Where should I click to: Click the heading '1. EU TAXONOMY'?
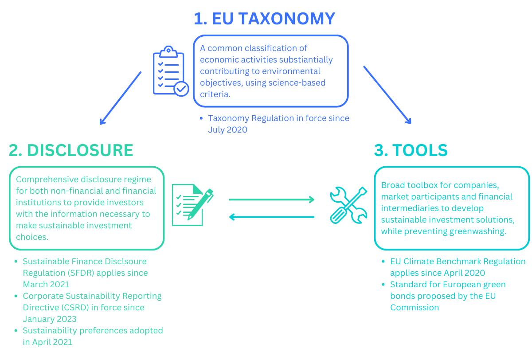point(264,19)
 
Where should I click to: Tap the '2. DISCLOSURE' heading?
point(71,150)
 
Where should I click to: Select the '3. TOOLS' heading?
point(411,150)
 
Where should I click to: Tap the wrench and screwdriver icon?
point(348,204)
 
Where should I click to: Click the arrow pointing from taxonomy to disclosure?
point(120,98)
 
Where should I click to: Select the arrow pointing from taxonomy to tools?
point(387,95)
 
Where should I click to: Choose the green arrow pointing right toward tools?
point(271,200)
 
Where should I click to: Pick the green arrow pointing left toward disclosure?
point(271,217)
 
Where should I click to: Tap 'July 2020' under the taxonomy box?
point(227,130)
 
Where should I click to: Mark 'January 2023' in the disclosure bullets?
point(50,319)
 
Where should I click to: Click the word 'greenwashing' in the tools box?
point(478,231)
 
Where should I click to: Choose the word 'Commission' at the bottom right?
point(415,307)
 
